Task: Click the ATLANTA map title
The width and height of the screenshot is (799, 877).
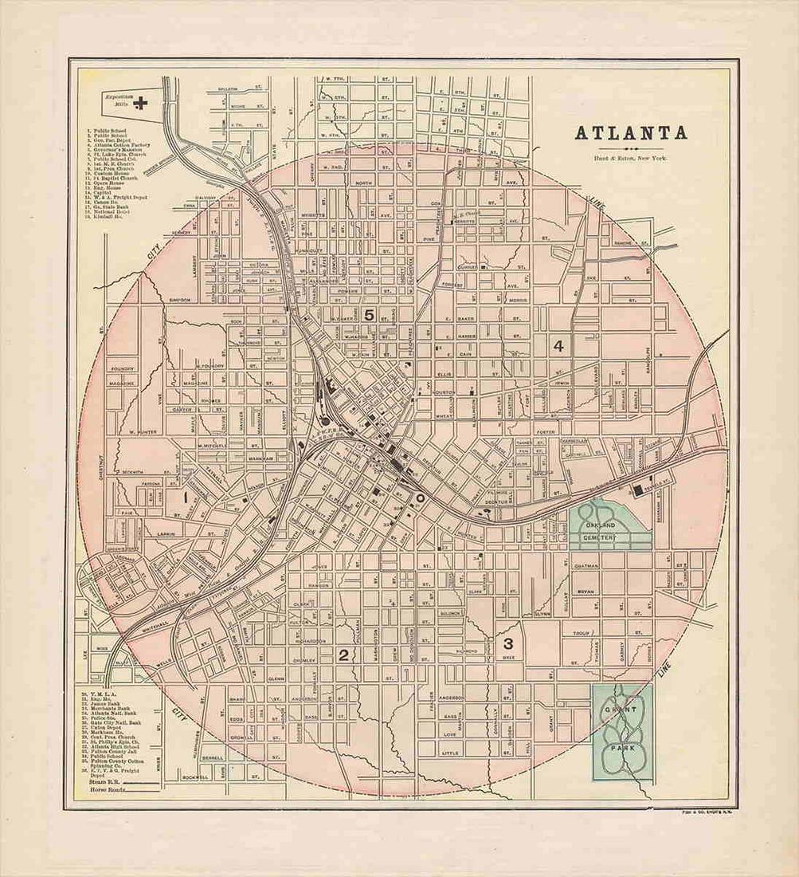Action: (x=631, y=132)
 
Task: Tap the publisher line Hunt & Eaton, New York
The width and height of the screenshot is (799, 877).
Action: (x=631, y=159)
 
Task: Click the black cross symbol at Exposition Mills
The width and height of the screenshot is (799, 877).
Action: (x=142, y=101)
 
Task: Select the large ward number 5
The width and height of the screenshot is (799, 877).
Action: (x=368, y=315)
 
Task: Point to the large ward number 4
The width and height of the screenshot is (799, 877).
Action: (x=558, y=345)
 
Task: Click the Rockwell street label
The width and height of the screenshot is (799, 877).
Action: (x=194, y=777)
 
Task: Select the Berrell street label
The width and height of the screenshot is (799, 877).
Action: (x=212, y=757)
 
